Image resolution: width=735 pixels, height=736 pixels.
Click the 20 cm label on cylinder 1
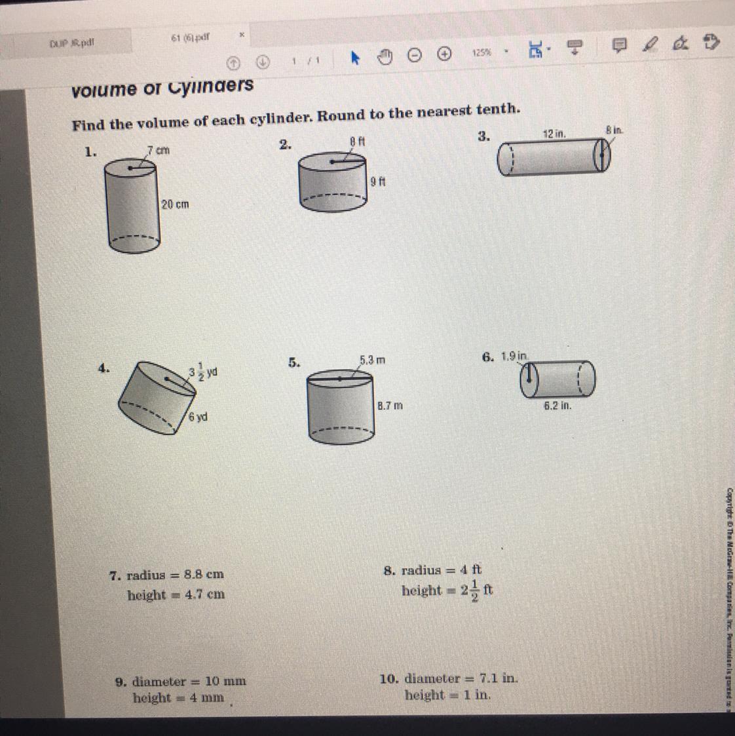pyautogui.click(x=175, y=204)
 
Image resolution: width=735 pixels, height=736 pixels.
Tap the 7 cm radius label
pyautogui.click(x=159, y=150)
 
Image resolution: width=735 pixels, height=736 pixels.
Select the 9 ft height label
pyautogui.click(x=378, y=182)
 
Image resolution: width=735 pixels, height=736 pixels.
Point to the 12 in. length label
pyautogui.click(x=554, y=134)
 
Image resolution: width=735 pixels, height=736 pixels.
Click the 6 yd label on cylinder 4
pyautogui.click(x=198, y=417)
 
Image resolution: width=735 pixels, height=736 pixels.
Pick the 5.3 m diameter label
pyautogui.click(x=372, y=360)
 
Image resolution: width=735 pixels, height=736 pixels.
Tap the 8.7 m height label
pyautogui.click(x=390, y=406)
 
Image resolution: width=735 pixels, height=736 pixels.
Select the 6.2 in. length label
pyautogui.click(x=557, y=406)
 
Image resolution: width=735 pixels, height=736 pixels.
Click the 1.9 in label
pyautogui.click(x=514, y=357)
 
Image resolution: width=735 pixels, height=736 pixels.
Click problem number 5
pyautogui.click(x=294, y=362)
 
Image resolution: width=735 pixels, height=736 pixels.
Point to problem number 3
pyautogui.click(x=483, y=136)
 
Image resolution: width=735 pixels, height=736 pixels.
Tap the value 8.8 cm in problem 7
pyautogui.click(x=204, y=574)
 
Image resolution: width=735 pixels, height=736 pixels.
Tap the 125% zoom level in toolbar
pyautogui.click(x=481, y=52)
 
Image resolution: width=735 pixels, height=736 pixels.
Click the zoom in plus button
pyautogui.click(x=444, y=54)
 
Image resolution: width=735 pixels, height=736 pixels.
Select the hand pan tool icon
pyautogui.click(x=385, y=57)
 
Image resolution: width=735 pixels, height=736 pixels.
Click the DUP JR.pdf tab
pyautogui.click(x=72, y=43)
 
